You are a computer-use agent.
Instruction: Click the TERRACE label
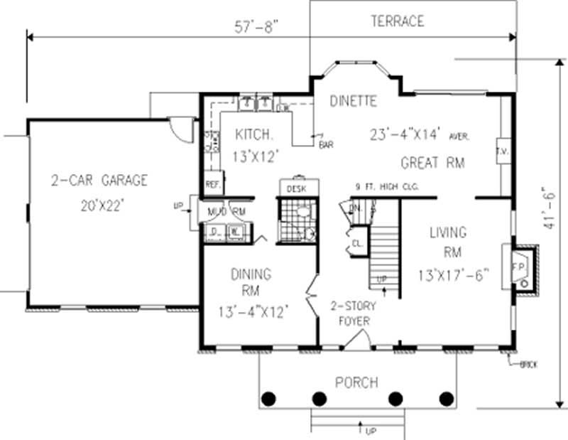coord(397,21)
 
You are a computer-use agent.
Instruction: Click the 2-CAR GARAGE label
coord(99,180)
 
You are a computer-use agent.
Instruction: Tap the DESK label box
coord(295,189)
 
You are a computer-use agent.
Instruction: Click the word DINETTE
coord(353,102)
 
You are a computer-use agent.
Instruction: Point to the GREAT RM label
coord(432,163)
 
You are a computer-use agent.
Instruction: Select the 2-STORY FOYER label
coord(353,314)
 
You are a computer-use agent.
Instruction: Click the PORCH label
coord(357,382)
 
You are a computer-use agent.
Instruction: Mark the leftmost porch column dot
coord(268,399)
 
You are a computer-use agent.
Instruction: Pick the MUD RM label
coord(225,212)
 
